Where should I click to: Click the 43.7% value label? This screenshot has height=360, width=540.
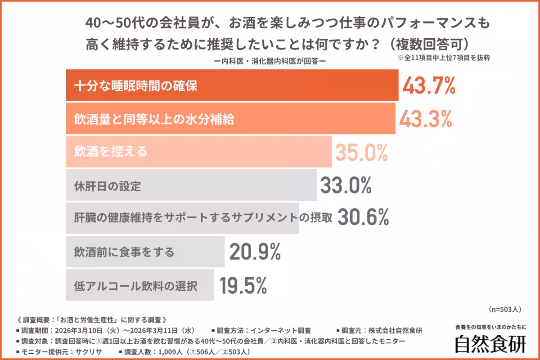429,85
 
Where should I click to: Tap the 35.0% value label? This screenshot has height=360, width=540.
361,153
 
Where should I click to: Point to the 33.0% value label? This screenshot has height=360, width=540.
346,185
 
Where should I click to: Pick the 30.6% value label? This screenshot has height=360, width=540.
363,218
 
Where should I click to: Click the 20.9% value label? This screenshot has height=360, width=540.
255,252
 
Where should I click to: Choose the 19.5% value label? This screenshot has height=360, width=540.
243,285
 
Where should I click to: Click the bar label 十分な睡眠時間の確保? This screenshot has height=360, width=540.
136,85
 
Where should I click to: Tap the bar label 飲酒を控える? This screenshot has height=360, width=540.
111,152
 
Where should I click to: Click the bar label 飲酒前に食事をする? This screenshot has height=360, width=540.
124,252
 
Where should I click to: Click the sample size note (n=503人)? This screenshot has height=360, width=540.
504,309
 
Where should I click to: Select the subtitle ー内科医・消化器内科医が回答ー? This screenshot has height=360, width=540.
270,62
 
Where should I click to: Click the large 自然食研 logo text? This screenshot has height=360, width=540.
490,344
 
